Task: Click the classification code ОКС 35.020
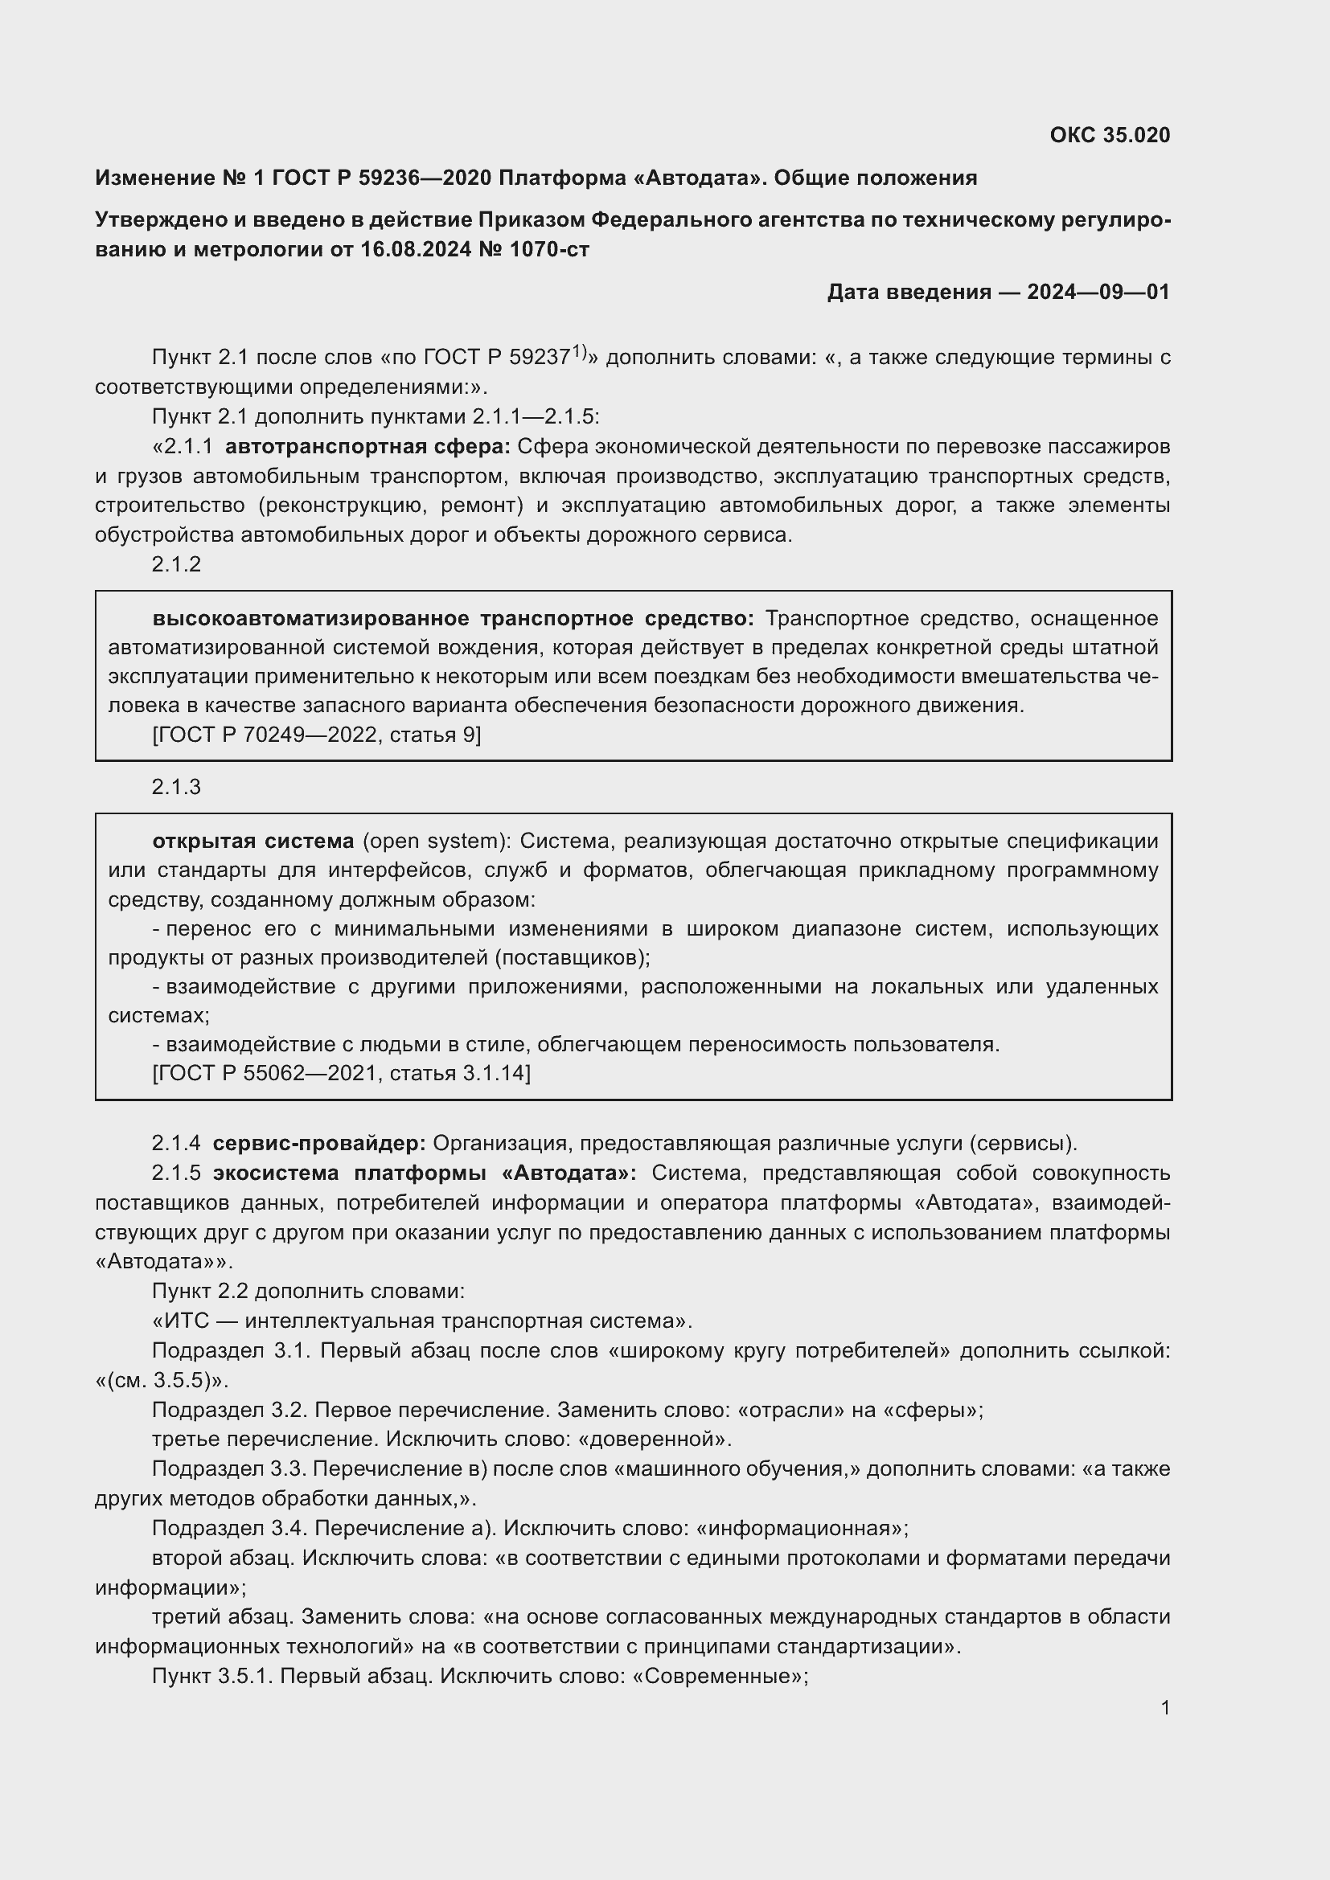click(x=1109, y=135)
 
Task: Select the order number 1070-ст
click(x=549, y=249)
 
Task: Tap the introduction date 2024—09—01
click(x=1098, y=292)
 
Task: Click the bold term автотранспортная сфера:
click(x=367, y=446)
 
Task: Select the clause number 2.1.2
click(x=176, y=564)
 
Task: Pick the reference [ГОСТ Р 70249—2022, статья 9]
click(x=317, y=735)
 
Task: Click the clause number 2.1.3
click(x=176, y=787)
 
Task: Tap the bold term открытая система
click(x=253, y=841)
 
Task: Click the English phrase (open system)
click(x=435, y=841)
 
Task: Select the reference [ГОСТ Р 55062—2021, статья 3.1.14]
click(x=342, y=1073)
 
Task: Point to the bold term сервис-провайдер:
click(x=319, y=1143)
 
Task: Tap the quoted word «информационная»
click(x=801, y=1528)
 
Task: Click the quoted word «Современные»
click(x=720, y=1676)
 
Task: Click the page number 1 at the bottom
click(x=1164, y=1708)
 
